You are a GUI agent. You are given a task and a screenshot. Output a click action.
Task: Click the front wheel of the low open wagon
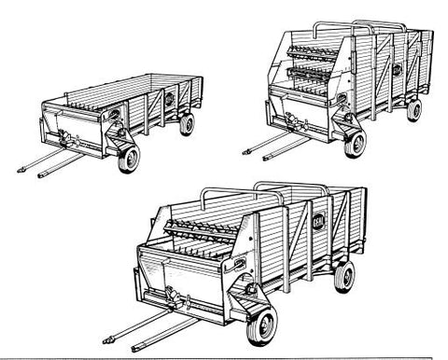coord(129,158)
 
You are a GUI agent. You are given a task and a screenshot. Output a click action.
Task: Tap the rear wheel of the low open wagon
coord(187,123)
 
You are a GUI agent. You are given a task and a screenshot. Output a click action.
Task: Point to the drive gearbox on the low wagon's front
coord(65,140)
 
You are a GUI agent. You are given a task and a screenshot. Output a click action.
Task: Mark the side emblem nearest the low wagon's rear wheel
coord(170,97)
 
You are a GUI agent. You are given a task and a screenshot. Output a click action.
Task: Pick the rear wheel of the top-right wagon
coord(413,109)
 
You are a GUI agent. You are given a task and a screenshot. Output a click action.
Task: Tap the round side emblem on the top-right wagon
coord(397,70)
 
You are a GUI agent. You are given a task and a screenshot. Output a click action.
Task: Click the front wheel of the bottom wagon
coord(262,325)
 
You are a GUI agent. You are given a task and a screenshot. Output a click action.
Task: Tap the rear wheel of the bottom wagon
coord(344,275)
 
